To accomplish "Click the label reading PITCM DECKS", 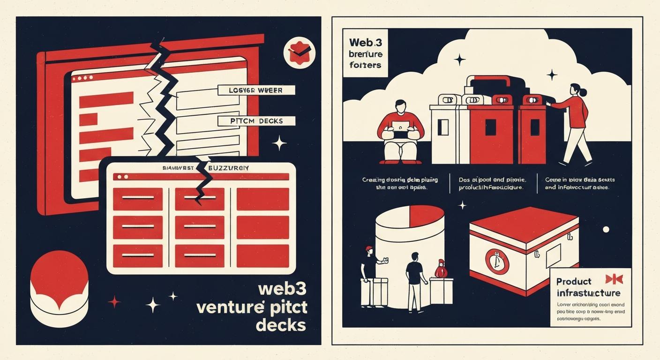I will click(257, 121).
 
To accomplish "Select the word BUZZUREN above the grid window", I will click(229, 167).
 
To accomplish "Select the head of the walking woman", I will click(576, 90).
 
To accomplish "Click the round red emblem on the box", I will click(495, 261).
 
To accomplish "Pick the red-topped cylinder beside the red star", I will click(59, 284).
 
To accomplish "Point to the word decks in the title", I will click(281, 324).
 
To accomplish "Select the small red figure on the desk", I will click(439, 270).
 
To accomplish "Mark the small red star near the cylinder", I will click(114, 301).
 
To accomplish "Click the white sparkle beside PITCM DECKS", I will click(279, 143).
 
